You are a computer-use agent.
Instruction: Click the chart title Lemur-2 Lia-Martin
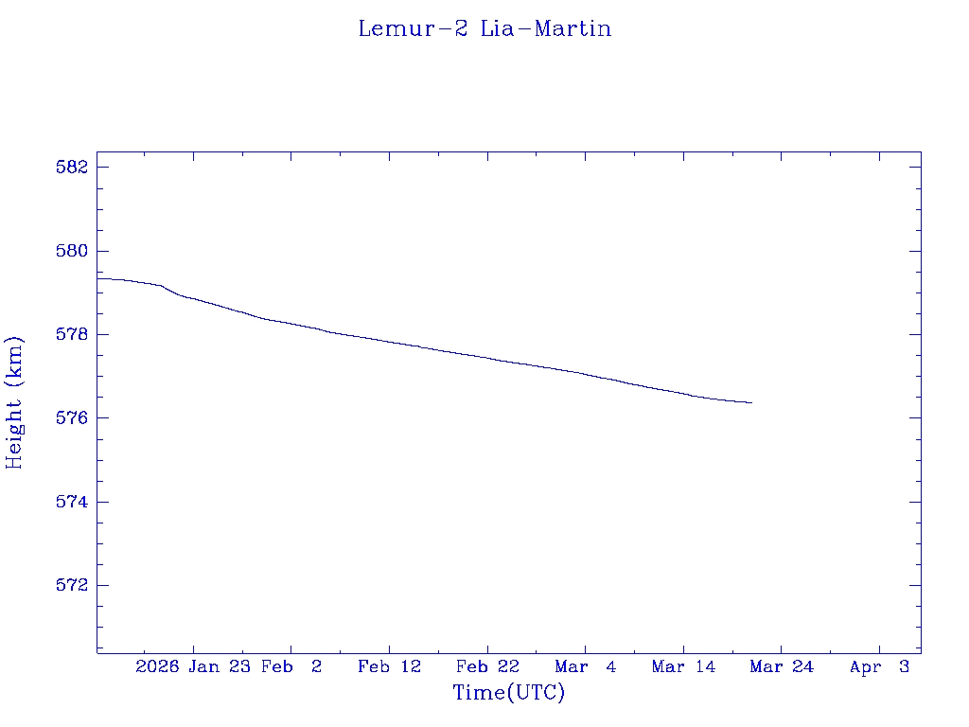pos(484,28)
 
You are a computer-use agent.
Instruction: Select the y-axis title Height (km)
pos(14,401)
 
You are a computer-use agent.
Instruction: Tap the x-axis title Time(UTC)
pos(508,693)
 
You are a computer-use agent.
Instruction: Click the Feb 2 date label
pos(291,666)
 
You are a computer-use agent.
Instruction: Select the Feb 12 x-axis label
pos(389,666)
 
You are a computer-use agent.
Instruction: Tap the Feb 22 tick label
pos(487,666)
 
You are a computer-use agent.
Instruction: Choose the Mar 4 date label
pos(586,666)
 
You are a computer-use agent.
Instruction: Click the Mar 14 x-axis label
pos(683,666)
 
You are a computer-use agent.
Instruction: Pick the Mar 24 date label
pos(782,666)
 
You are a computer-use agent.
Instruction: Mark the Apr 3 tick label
pos(879,666)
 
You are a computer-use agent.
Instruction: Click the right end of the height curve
pos(751,402)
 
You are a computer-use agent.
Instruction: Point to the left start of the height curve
pos(98,278)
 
